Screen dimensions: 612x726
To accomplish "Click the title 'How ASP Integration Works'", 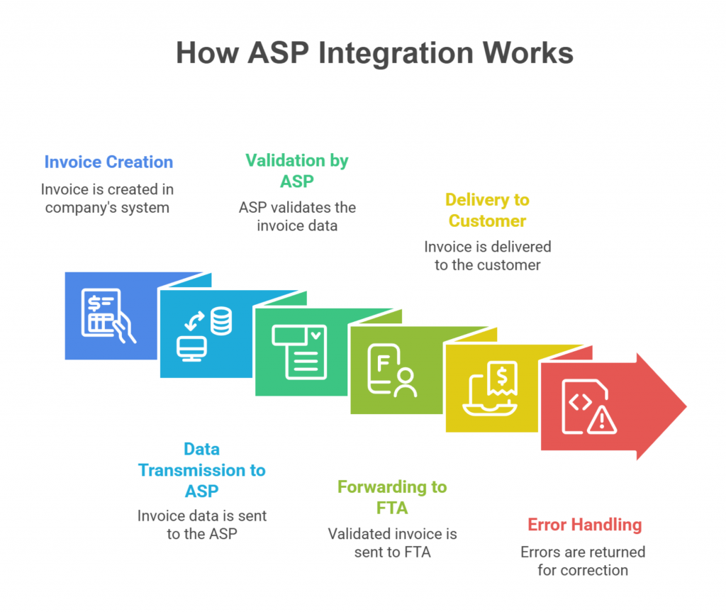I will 374,54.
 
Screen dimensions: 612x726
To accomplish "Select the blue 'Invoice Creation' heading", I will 108,162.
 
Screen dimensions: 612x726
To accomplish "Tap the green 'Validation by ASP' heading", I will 297,171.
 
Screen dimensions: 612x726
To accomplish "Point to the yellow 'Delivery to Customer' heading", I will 488,211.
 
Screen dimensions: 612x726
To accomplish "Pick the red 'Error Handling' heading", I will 584,525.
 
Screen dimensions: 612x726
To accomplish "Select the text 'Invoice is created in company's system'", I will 107,199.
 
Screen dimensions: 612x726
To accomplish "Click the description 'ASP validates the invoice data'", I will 297,217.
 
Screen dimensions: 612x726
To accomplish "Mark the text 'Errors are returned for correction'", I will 583,561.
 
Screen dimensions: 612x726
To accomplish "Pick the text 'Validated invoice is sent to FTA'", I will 392,543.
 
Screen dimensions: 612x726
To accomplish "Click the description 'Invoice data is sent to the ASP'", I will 202,525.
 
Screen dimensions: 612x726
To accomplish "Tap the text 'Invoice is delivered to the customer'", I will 488,256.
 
